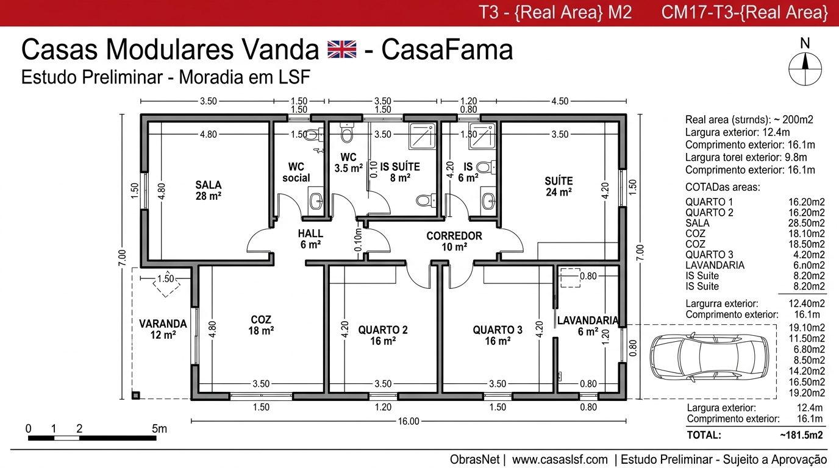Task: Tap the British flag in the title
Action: [x=341, y=50]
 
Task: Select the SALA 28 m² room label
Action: [x=209, y=190]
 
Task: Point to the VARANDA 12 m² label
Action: [x=162, y=329]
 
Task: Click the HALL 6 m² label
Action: [x=310, y=239]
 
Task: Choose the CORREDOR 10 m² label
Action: [x=454, y=241]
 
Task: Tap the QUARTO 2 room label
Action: [x=383, y=335]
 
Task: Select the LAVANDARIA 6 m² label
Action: [x=588, y=326]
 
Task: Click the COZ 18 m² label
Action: [x=261, y=325]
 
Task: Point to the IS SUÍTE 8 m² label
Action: [x=400, y=172]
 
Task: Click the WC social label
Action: [x=296, y=172]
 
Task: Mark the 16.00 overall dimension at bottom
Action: [x=409, y=421]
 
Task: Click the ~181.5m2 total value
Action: [x=801, y=435]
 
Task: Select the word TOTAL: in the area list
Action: [x=704, y=435]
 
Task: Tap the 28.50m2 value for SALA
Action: [x=807, y=223]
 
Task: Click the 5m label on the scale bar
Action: [x=159, y=428]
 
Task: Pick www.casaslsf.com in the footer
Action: [x=560, y=459]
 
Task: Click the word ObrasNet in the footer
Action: [x=474, y=459]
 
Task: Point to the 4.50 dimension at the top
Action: [x=560, y=101]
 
